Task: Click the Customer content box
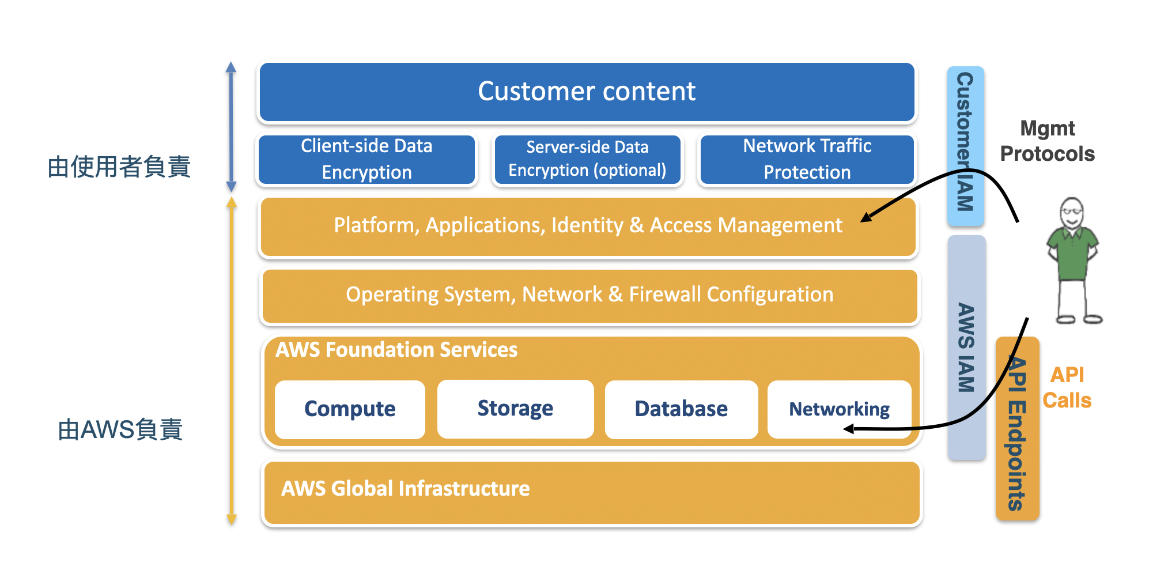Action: (587, 92)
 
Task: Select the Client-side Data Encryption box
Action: (366, 159)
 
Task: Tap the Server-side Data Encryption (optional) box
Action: (587, 159)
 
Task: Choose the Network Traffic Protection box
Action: (807, 159)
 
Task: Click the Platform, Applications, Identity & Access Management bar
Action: (588, 226)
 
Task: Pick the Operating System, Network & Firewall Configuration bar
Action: (589, 295)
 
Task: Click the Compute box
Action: (350, 409)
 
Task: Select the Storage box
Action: (515, 409)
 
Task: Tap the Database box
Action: (681, 409)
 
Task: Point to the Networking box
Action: (839, 409)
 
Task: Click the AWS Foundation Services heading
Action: (396, 350)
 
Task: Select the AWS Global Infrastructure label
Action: (405, 489)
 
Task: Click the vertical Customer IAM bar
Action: (966, 145)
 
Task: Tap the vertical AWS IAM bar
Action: (966, 348)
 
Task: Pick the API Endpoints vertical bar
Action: (1017, 429)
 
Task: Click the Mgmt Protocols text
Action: (1047, 141)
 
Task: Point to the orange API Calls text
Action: (1067, 387)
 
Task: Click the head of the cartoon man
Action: (1072, 213)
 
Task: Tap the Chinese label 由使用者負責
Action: (119, 167)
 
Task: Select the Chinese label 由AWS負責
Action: (120, 430)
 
